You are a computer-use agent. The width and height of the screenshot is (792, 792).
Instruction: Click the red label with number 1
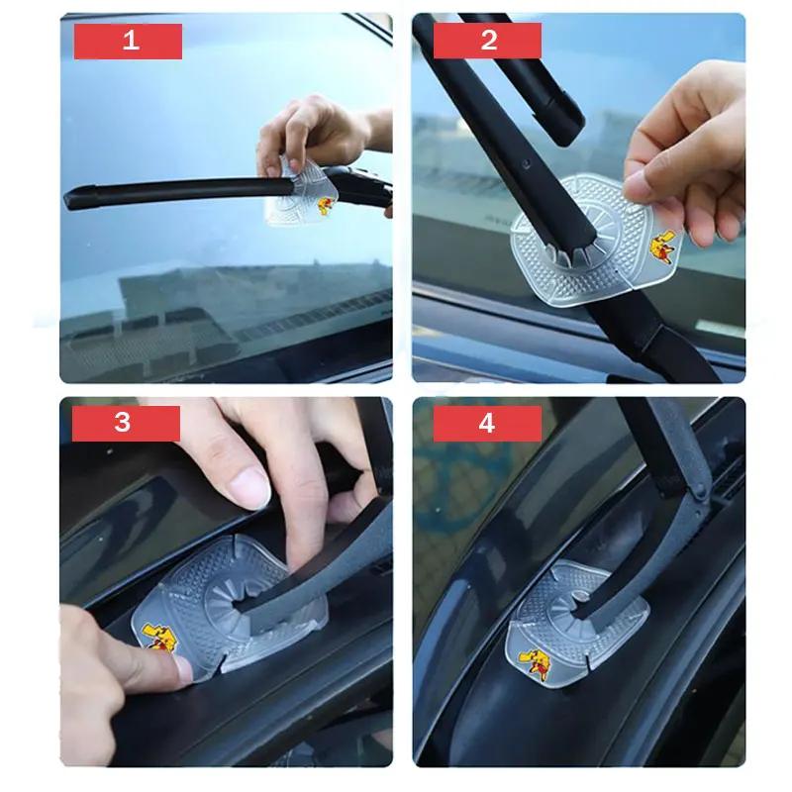pos(128,41)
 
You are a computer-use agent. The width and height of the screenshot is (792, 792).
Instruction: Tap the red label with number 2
pos(487,40)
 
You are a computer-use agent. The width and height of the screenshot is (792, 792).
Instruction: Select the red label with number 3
pos(126,424)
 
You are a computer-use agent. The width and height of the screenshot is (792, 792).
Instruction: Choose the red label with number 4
pos(487,424)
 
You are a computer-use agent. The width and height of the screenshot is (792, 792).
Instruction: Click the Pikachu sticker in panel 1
pos(327,206)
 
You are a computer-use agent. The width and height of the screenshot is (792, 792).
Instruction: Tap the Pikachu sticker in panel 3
pos(157,638)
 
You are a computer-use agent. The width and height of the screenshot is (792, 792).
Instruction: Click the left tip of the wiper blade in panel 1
pos(66,200)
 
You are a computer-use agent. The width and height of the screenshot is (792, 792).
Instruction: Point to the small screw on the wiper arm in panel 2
pos(526,163)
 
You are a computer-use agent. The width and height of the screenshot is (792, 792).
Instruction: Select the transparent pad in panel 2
pos(596,238)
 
